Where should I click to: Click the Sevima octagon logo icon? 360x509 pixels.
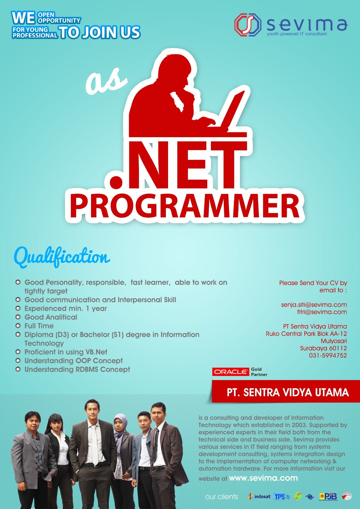point(248,24)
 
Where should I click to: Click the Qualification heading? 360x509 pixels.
point(62,257)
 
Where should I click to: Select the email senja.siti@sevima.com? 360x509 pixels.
point(314,305)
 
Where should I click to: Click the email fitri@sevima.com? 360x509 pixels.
point(322,312)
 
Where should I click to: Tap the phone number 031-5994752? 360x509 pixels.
point(328,356)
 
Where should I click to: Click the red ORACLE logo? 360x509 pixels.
point(230,372)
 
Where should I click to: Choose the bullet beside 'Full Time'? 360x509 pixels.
point(18,326)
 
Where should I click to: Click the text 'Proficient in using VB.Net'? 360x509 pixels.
point(66,352)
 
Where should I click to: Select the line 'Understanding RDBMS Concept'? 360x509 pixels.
point(77,370)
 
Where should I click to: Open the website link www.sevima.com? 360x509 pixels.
point(263,478)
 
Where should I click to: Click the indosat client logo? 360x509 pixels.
point(259,496)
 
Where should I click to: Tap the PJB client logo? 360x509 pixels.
point(328,496)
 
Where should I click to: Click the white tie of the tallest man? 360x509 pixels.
point(95,445)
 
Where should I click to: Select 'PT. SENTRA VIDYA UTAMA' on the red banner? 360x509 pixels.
point(287,392)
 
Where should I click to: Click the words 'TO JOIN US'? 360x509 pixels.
point(100,32)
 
